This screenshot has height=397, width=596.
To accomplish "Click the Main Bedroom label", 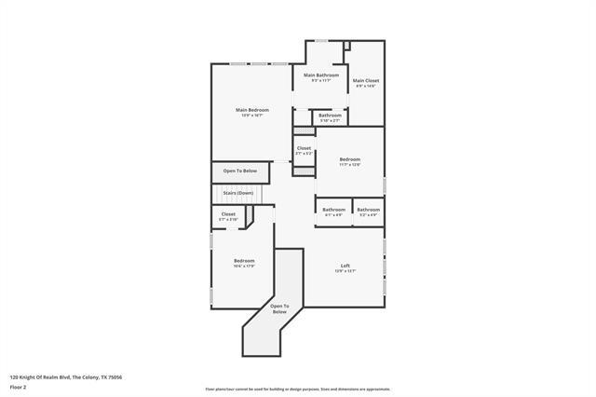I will point(251,110).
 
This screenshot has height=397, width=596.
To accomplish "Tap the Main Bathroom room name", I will point(321,75).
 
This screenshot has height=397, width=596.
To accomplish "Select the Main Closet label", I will point(365,80).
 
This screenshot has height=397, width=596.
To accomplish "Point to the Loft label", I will point(345,266).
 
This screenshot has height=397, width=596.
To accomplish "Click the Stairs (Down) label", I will point(237,193).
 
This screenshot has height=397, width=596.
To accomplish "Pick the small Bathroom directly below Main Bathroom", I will point(330,116).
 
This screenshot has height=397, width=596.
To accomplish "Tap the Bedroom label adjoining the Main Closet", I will point(349,159).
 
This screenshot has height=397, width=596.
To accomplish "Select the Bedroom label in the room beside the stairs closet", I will point(244,260).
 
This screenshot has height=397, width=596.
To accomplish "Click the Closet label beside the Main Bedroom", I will point(304,148).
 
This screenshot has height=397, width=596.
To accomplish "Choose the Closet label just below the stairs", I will point(228,213).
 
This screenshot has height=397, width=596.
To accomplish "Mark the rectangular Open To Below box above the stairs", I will point(239,171).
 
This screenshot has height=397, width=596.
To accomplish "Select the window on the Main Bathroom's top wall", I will point(321,40).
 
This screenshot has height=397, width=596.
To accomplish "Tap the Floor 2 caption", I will point(18,386).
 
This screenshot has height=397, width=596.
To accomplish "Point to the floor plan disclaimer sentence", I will point(298,389).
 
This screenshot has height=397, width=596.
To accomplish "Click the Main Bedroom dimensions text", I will point(251,116).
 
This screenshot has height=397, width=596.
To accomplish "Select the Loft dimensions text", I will point(345,271).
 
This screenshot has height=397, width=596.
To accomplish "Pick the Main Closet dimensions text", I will point(365,86).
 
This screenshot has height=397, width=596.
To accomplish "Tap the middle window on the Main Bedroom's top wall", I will point(257,63).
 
